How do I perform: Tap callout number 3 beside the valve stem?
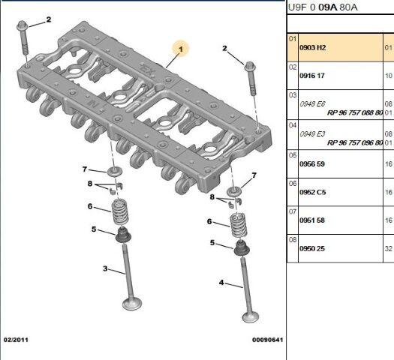(106, 269)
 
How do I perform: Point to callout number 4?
(221, 283)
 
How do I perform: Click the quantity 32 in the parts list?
(388, 247)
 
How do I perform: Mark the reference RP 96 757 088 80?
(355, 112)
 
